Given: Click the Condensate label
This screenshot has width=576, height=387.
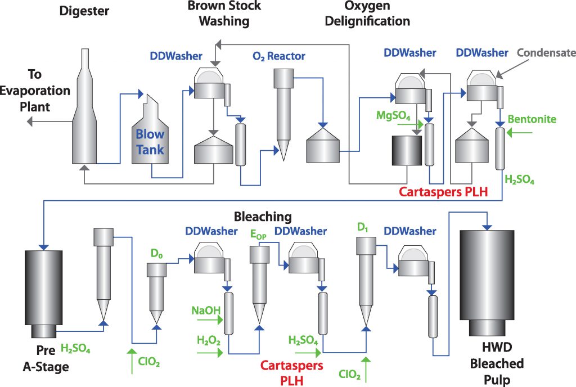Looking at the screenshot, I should pos(546,53).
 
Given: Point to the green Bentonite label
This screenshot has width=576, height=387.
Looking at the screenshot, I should pos(532,119).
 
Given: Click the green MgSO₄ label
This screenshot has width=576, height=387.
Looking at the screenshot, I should pos(393,115).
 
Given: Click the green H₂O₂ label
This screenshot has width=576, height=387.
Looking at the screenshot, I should pos(208,340).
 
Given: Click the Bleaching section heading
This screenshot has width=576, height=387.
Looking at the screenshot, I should pos(263,217).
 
